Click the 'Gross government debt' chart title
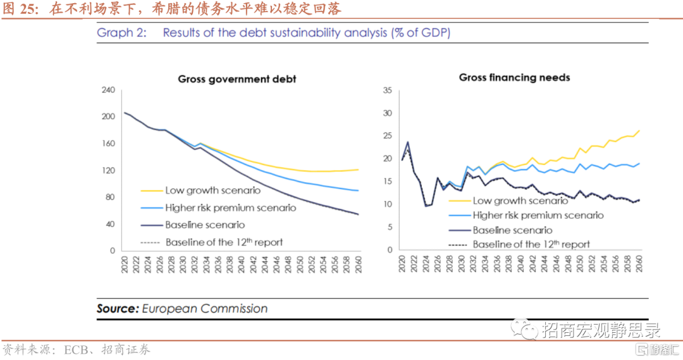click(x=237, y=79)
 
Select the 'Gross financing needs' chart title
click(x=514, y=78)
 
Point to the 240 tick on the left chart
click(x=108, y=90)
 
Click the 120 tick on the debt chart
click(x=108, y=171)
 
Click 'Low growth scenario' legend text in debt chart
click(x=209, y=190)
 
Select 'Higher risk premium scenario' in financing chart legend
click(x=538, y=215)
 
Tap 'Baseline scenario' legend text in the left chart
click(x=205, y=225)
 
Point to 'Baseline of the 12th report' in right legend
click(x=531, y=244)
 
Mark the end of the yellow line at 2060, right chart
click(x=639, y=131)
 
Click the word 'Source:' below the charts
click(x=118, y=309)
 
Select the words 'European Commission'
click(x=204, y=309)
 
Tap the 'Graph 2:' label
click(x=121, y=33)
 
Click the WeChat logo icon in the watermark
click(x=524, y=329)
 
